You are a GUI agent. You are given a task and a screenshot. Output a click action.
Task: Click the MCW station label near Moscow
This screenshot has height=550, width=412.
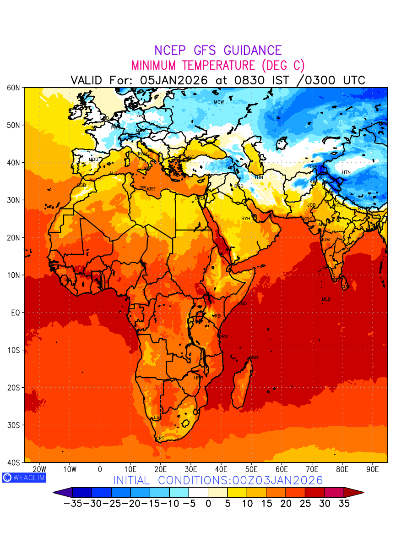(x=219, y=102)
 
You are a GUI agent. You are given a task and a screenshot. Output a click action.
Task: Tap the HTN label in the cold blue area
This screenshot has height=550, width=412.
(x=346, y=172)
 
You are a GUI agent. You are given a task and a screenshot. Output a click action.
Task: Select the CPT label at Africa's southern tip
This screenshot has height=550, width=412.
(x=160, y=439)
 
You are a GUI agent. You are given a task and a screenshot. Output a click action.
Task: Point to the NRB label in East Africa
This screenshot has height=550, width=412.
(x=216, y=316)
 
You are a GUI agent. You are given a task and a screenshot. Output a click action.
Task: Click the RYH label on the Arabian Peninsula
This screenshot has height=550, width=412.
(x=246, y=219)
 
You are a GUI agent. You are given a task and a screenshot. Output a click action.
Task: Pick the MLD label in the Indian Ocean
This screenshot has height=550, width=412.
(x=326, y=299)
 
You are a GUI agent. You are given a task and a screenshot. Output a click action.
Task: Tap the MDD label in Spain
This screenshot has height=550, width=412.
(x=93, y=159)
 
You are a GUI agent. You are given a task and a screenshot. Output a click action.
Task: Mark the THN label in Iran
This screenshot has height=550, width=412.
(x=259, y=177)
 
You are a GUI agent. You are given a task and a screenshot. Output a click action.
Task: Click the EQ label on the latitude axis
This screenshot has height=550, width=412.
(x=16, y=313)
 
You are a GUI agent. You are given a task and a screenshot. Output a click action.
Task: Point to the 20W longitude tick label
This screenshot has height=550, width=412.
(x=40, y=469)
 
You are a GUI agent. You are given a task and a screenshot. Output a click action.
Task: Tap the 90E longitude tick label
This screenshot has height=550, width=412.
(x=373, y=469)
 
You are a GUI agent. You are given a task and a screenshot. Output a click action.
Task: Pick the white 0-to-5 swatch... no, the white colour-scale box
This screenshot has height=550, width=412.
(x=198, y=493)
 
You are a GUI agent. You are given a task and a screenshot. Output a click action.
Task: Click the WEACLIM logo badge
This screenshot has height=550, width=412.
(x=24, y=477)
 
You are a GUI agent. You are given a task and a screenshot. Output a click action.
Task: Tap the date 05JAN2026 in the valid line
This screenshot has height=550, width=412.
(x=174, y=80)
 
